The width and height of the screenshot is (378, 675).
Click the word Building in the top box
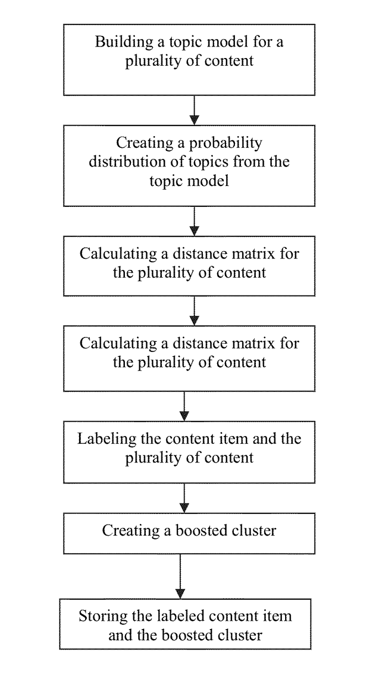coord(124,42)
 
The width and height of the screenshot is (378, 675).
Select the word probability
coord(225,143)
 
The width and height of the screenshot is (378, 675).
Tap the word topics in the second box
coord(208,163)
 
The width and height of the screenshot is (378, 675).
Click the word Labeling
coord(107,439)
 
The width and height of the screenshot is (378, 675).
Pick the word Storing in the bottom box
coord(103,616)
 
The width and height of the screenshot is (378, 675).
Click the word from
coord(248,162)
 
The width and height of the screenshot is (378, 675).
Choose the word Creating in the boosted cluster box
coord(131,531)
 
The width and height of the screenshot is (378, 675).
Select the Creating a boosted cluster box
coord(189,534)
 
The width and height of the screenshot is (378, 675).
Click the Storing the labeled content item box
coord(185,624)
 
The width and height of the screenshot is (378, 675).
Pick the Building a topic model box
coord(189,60)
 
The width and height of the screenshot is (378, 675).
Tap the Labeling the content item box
coord(189,453)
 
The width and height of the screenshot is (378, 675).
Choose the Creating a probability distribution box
coord(189,166)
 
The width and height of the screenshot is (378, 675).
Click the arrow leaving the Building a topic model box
coord(195,110)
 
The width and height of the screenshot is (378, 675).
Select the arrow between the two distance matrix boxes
coord(195,311)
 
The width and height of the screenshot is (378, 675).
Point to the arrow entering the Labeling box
coord(184,407)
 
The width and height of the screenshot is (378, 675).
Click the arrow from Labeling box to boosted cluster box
coord(184,499)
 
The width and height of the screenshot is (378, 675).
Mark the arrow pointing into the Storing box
coord(180,577)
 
